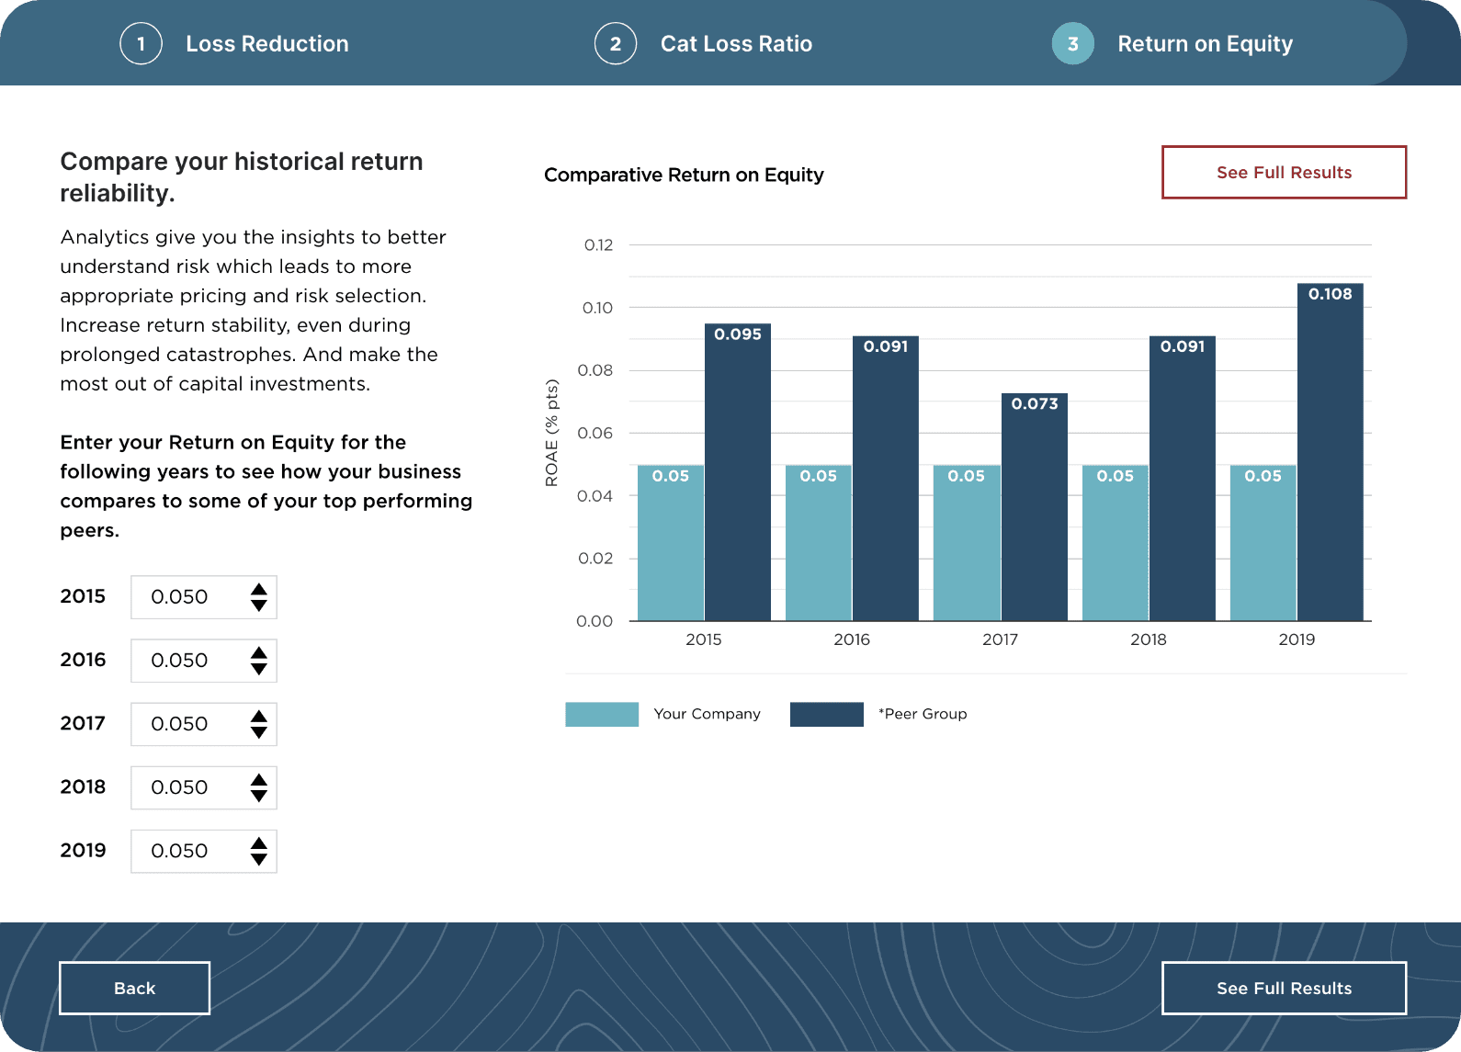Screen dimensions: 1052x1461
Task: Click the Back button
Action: [x=134, y=988]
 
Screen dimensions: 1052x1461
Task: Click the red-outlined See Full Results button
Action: [x=1284, y=172]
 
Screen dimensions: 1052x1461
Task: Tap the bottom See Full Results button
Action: [x=1284, y=988]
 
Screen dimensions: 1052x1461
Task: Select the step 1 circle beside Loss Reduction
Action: [x=141, y=43]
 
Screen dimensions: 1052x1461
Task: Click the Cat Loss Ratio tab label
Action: [x=736, y=43]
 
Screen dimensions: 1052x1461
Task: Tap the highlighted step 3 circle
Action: [x=1072, y=43]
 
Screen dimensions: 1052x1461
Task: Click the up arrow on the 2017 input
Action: [x=259, y=716]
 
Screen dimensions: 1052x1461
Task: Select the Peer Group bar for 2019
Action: [x=1330, y=459]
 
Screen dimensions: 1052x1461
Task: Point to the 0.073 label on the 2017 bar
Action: [x=1035, y=403]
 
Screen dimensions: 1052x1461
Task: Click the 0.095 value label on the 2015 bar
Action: [x=738, y=334]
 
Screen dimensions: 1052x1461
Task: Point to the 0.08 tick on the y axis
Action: [x=595, y=370]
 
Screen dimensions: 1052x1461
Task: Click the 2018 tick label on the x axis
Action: [x=1148, y=639]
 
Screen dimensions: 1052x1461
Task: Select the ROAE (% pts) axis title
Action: [x=551, y=433]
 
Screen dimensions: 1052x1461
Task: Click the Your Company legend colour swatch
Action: [x=602, y=714]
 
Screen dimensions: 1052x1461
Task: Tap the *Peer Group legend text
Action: [x=923, y=714]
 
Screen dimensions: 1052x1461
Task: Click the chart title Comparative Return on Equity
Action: [x=684, y=175]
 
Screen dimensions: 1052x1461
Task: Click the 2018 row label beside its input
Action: [x=83, y=787]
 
